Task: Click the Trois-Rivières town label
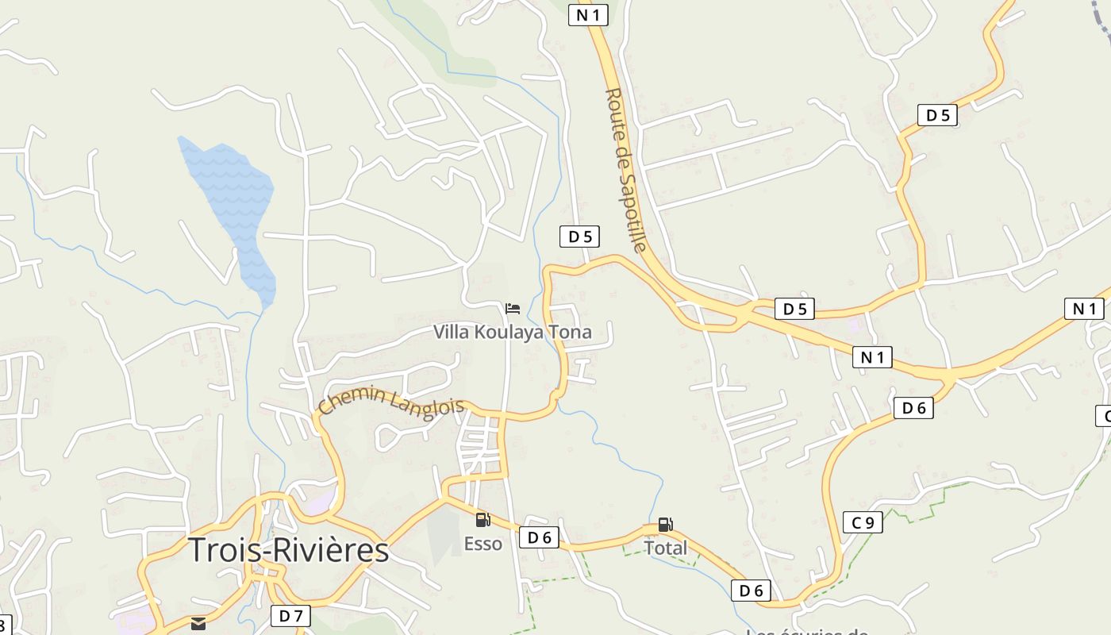click(x=288, y=550)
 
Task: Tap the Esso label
click(x=483, y=544)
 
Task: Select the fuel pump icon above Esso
click(x=482, y=521)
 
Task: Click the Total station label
click(x=665, y=548)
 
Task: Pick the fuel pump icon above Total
click(x=665, y=525)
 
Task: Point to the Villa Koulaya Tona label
click(x=512, y=332)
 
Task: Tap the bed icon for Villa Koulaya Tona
click(x=513, y=308)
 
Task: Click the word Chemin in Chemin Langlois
click(x=352, y=399)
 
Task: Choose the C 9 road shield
click(x=863, y=522)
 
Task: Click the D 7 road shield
click(x=290, y=616)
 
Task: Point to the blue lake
click(x=234, y=206)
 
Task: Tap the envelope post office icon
click(x=198, y=624)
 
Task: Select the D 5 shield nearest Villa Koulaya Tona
click(x=579, y=237)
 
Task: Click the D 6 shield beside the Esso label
click(x=539, y=537)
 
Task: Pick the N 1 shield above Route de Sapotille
click(x=588, y=14)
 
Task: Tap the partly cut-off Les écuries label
click(x=805, y=632)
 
